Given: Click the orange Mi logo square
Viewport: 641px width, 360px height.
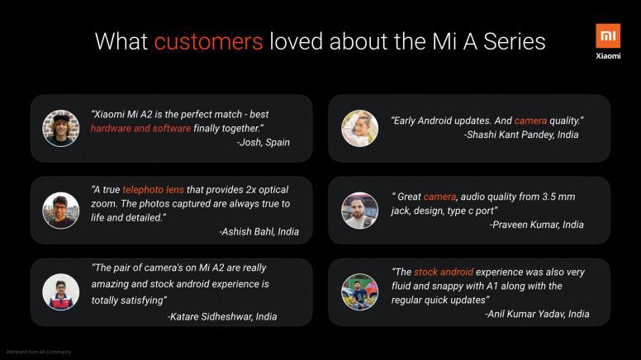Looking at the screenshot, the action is coord(608,36).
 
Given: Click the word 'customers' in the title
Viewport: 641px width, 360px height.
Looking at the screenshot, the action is coord(208,41).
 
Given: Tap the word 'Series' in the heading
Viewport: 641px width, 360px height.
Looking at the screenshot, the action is coord(515,41).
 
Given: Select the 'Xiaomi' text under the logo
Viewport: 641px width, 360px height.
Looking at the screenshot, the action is coord(608,56).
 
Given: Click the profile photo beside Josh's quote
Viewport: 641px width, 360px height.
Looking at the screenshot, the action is coord(61,128).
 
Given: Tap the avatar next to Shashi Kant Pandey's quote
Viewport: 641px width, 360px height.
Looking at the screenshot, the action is coord(360,128).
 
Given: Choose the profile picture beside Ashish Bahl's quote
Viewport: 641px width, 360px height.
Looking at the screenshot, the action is coord(61,211).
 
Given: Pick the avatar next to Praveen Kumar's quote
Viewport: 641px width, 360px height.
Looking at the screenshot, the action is coord(360,211).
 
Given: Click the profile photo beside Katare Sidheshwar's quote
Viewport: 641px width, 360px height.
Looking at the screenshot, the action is coord(61,292).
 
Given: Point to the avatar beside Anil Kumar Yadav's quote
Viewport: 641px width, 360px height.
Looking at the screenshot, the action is coord(360,292).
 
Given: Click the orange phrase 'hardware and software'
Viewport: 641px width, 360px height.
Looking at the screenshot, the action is coord(140,129).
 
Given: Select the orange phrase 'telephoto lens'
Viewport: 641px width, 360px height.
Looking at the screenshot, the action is coord(154,190).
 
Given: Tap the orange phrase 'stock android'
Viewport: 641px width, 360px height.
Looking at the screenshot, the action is coord(444,272).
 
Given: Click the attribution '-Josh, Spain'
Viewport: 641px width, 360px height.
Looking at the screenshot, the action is coord(264,143).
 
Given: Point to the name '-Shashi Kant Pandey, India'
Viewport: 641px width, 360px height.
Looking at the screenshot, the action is coord(521,135).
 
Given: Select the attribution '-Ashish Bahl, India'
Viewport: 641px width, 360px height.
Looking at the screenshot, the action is coord(259,232).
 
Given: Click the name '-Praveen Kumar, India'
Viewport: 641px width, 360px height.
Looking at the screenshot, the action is coord(537,225).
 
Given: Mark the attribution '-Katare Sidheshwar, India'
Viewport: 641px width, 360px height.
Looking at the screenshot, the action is coord(222,317).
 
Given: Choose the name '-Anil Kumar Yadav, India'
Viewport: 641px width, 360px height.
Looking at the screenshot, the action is coord(537,314).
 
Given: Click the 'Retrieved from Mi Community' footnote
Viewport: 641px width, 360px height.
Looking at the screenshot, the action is coord(39,352).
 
